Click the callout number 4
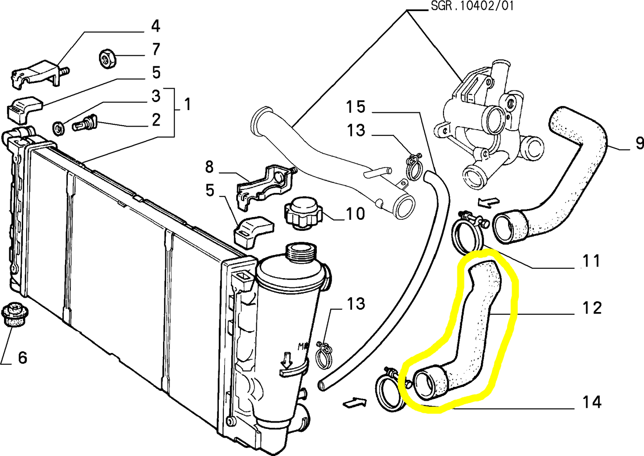pos(155,26)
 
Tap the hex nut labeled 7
pos(107,58)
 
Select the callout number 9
pos(639,143)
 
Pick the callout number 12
pos(592,308)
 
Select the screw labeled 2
pos(85,122)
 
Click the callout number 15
pos(356,107)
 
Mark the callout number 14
pos(592,402)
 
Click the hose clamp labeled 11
pos(468,231)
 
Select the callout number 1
pos(188,105)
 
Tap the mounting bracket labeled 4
pos(38,74)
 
